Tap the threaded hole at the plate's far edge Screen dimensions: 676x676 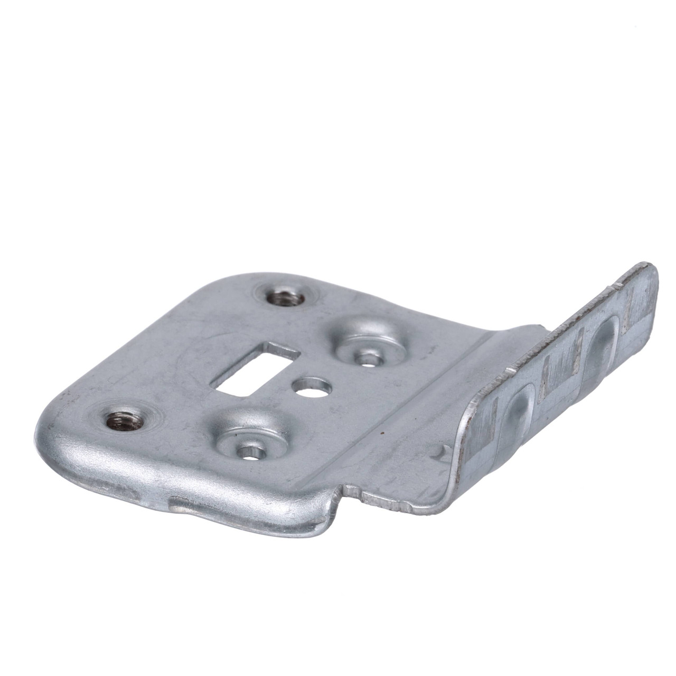284,297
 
